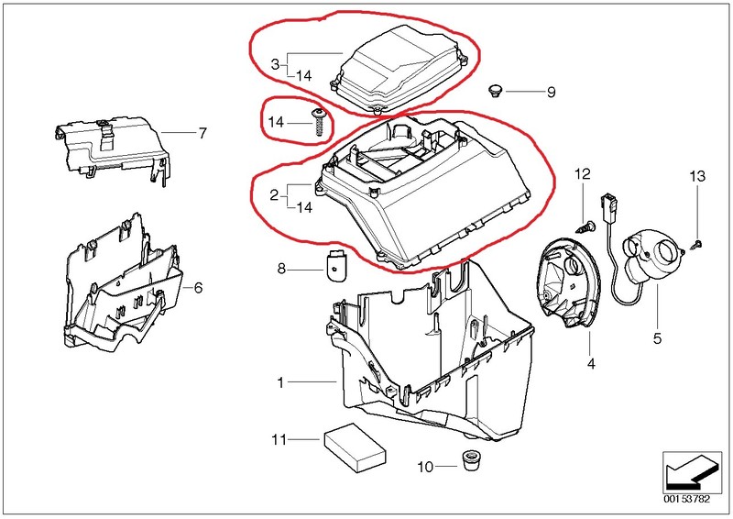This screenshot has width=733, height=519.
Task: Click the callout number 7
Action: [x=202, y=133]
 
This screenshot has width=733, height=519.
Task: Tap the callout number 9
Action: [x=551, y=92]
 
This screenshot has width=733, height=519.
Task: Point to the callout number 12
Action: [x=583, y=174]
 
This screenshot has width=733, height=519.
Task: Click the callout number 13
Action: [x=698, y=175]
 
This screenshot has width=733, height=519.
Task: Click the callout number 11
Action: [x=279, y=440]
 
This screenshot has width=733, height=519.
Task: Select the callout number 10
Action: [x=423, y=467]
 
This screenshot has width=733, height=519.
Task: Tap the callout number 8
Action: [x=282, y=268]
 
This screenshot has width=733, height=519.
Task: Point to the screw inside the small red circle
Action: [x=318, y=122]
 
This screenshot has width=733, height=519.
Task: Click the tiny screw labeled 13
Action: [x=696, y=242]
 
